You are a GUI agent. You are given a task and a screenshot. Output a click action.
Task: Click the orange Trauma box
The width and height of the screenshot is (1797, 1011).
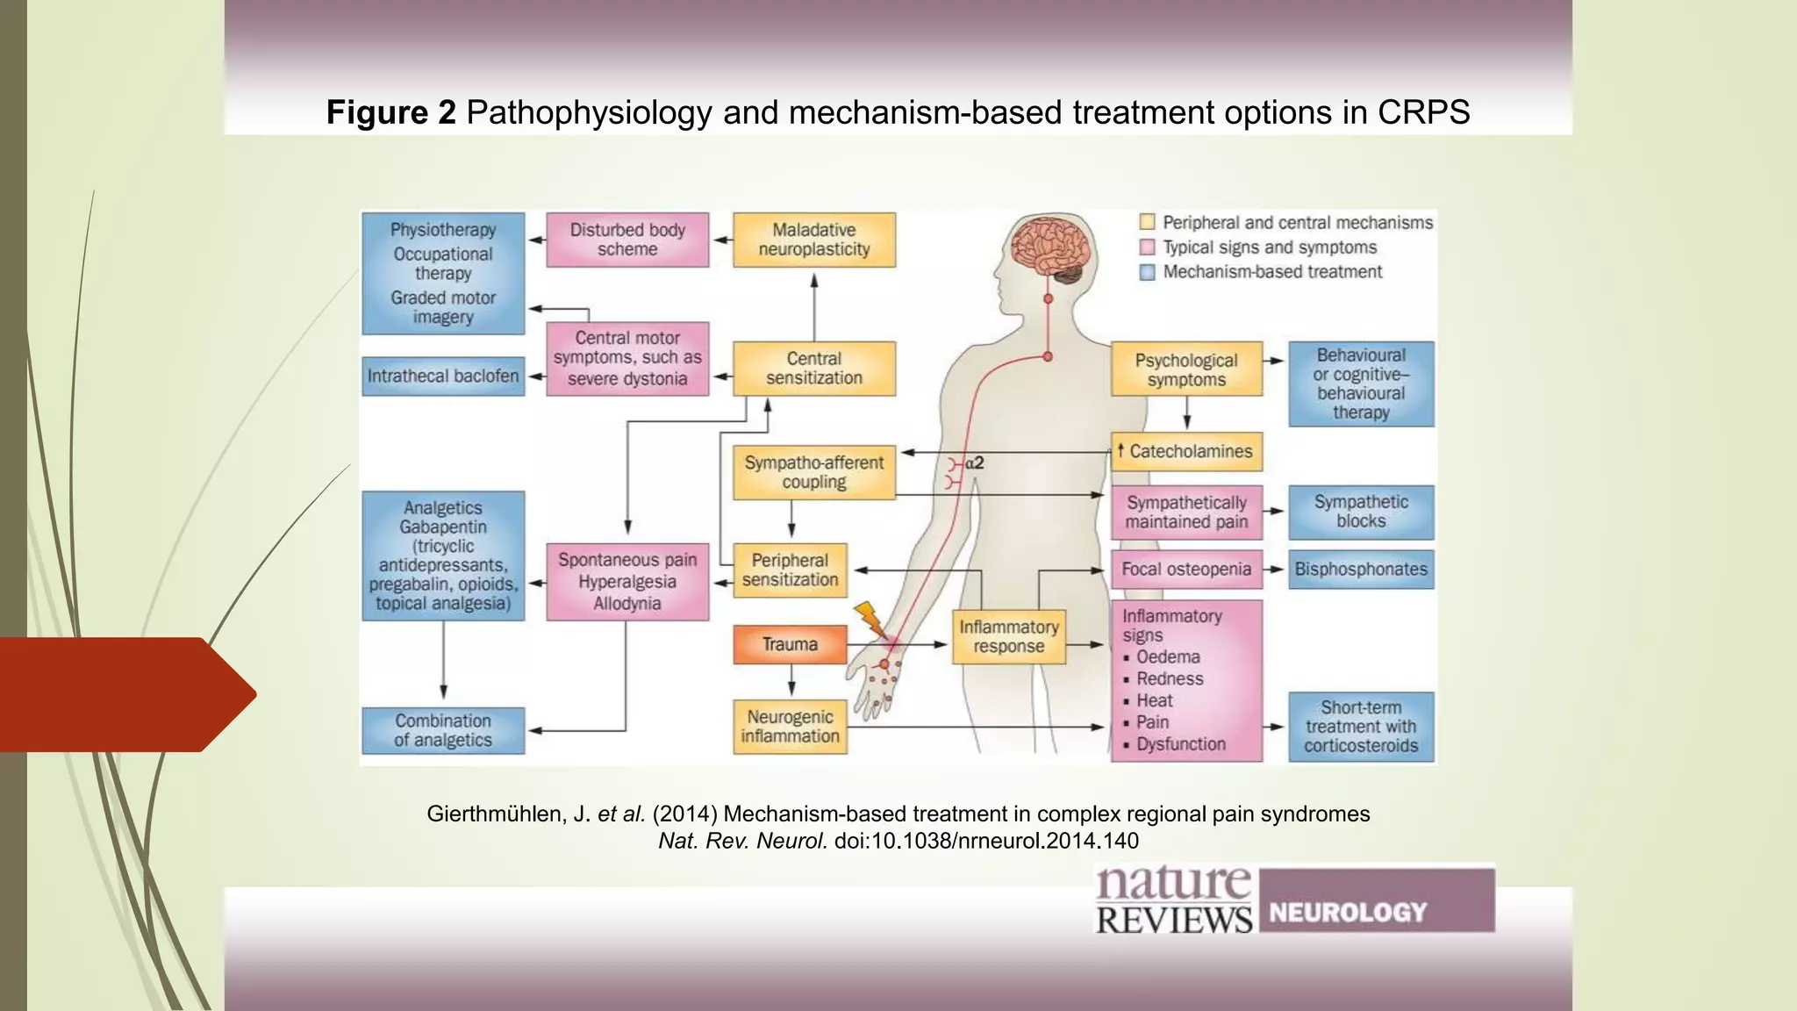point(790,644)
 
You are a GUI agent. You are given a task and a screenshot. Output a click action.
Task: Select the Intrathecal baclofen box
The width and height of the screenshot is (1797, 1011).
point(443,376)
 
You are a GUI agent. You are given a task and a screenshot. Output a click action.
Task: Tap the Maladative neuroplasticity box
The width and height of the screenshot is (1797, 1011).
point(813,240)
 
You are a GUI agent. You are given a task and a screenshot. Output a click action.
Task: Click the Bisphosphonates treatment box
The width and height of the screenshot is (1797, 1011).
point(1361,570)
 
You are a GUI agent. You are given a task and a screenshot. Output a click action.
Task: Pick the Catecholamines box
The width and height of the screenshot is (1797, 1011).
point(1186,452)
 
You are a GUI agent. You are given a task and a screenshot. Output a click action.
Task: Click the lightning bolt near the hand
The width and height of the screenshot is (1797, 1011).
point(871,619)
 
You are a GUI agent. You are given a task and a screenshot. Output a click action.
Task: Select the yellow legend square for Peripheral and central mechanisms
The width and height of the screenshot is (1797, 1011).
point(1147,222)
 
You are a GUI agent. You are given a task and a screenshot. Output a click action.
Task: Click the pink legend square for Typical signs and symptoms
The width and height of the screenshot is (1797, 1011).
point(1147,247)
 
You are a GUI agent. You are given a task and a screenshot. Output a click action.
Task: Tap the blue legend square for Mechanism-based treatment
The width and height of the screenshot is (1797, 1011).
point(1147,272)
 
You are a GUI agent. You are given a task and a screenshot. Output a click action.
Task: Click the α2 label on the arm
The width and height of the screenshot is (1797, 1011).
point(975,463)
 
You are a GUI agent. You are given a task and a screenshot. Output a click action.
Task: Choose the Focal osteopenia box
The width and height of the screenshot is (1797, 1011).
point(1186,570)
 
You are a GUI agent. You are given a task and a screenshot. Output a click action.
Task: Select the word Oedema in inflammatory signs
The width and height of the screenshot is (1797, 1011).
point(1168,657)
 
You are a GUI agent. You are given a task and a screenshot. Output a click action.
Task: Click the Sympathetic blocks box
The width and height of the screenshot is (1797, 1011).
point(1361,512)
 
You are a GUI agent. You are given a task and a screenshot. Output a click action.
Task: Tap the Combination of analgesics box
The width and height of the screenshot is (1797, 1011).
point(443,730)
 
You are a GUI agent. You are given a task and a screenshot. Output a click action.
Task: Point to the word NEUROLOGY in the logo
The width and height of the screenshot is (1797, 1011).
point(1348,913)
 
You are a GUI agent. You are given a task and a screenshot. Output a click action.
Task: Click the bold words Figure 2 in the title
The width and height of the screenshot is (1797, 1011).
point(390,112)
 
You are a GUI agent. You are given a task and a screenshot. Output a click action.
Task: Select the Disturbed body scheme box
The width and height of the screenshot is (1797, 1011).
point(627,240)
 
